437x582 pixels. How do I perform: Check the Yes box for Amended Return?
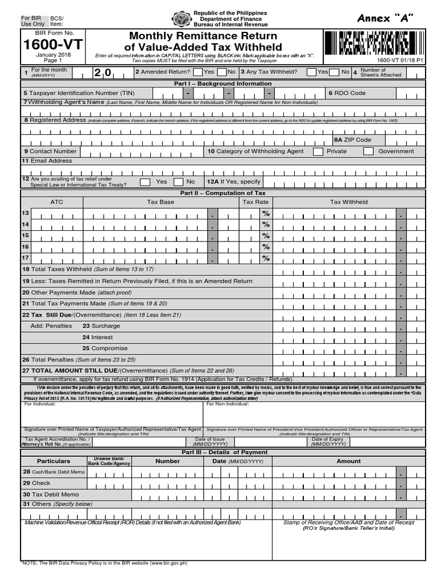(x=197, y=72)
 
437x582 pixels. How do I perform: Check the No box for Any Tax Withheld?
(x=336, y=72)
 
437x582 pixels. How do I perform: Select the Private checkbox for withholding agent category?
(x=318, y=152)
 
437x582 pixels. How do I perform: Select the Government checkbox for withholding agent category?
(x=368, y=152)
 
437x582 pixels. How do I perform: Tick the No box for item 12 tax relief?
(x=178, y=182)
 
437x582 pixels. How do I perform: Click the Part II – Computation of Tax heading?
(x=222, y=193)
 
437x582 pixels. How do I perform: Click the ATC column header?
(x=57, y=202)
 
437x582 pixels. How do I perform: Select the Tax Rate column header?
(x=255, y=202)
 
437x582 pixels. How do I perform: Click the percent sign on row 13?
(x=265, y=214)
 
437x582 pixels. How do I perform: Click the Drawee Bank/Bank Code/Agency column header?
(x=109, y=461)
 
